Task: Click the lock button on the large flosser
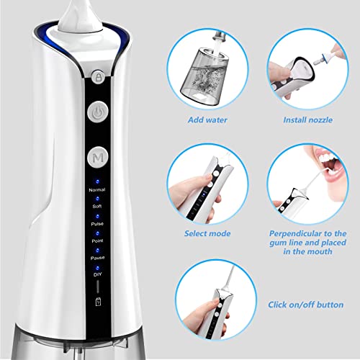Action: tap(97, 74)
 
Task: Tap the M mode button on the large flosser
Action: tap(97, 156)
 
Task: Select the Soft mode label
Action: tap(96, 207)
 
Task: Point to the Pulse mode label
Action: tap(96, 224)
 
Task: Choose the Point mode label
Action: tap(96, 241)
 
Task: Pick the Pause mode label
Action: tap(96, 258)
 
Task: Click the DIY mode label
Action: tap(96, 274)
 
